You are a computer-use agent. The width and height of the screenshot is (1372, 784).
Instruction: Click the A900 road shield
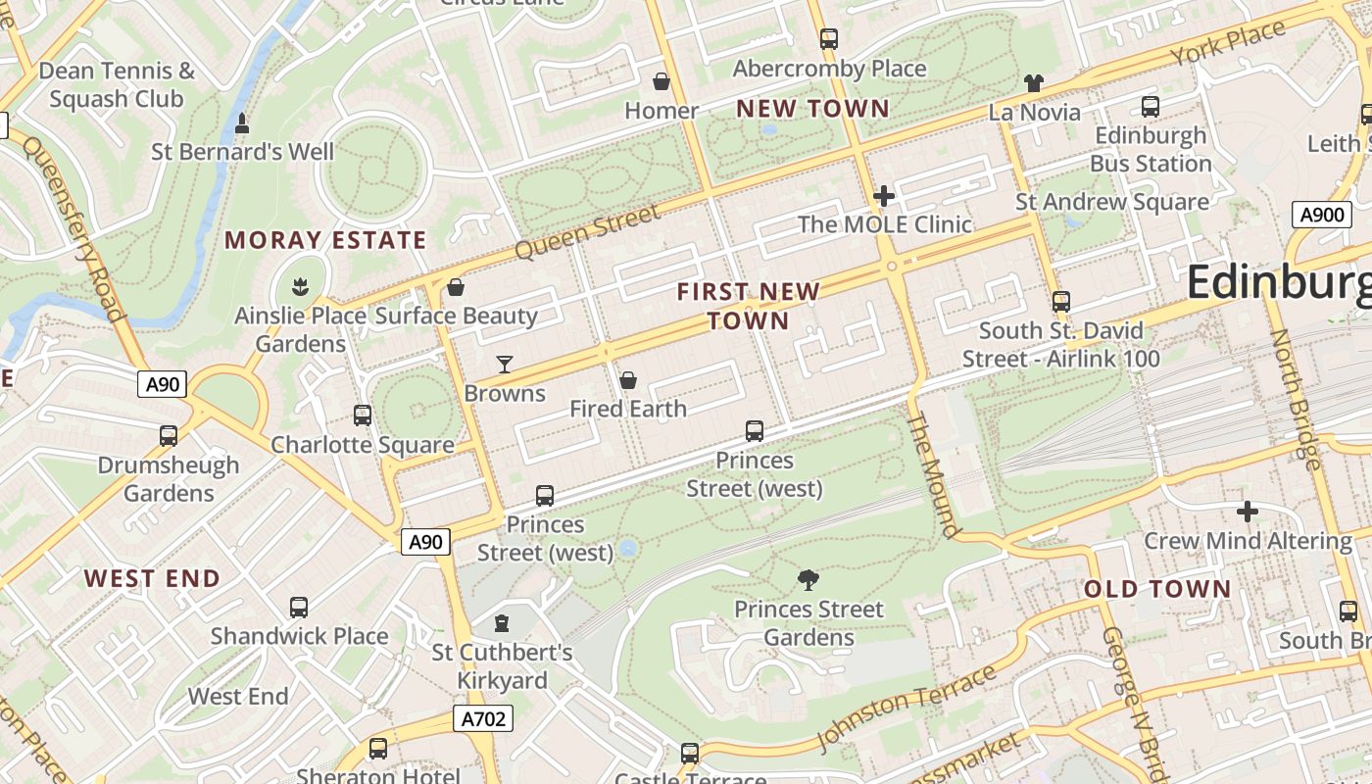[1322, 215]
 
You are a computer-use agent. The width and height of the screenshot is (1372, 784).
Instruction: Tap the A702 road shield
[484, 719]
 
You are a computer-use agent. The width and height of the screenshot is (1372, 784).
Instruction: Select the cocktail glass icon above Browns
[505, 365]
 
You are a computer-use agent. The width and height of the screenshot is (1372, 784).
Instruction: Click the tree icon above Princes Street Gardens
[808, 580]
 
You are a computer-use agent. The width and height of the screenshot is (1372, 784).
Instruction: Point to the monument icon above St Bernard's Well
[242, 123]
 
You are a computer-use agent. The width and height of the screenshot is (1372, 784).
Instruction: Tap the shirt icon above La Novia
[1034, 83]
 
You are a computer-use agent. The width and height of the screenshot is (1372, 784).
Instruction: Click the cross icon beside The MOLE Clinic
[884, 196]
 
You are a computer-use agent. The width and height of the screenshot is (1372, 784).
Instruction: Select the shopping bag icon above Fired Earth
[628, 380]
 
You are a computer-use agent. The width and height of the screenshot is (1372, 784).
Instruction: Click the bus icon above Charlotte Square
[363, 416]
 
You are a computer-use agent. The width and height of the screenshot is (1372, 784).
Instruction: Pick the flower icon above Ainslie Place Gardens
[300, 287]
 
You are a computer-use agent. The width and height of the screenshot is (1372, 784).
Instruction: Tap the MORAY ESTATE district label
[325, 240]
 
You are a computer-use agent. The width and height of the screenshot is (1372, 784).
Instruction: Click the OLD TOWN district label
[1156, 589]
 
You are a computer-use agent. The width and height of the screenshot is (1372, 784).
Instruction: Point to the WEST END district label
[152, 578]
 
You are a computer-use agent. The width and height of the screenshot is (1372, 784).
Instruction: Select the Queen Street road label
[587, 232]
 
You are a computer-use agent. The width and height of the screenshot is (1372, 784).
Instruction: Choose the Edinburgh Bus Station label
[1151, 149]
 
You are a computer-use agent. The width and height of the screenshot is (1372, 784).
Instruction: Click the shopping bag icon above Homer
[661, 81]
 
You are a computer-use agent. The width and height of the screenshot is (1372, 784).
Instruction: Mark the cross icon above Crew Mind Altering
[1247, 512]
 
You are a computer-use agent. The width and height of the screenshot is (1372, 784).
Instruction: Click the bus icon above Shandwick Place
[299, 608]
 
